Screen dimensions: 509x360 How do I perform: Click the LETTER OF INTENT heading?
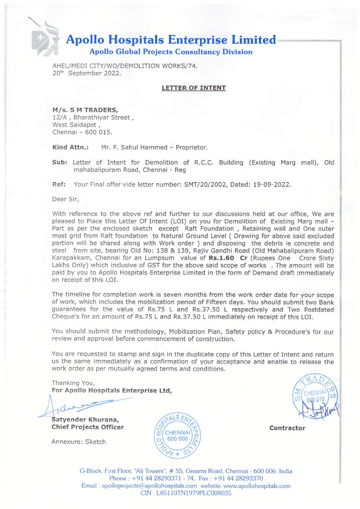(194, 88)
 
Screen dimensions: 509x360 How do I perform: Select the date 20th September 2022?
(86, 73)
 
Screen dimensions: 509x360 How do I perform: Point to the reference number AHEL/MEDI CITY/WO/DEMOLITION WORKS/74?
(125, 66)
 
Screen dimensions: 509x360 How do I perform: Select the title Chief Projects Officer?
(88, 427)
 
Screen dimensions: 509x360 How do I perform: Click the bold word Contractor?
(287, 428)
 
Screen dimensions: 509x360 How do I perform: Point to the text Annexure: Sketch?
(79, 442)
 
